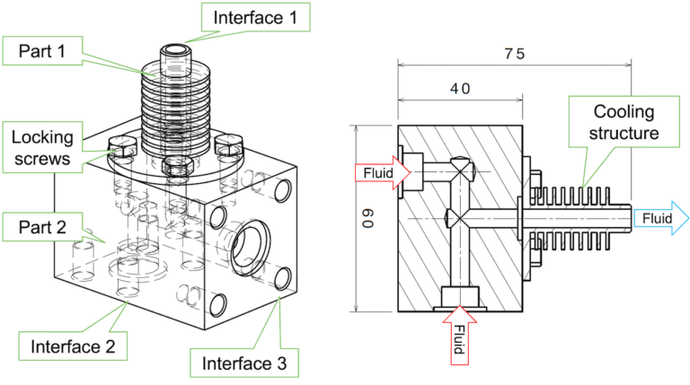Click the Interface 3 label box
click(x=243, y=362)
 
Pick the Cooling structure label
click(x=624, y=123)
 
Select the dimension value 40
click(x=460, y=89)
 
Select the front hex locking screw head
click(x=175, y=163)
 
